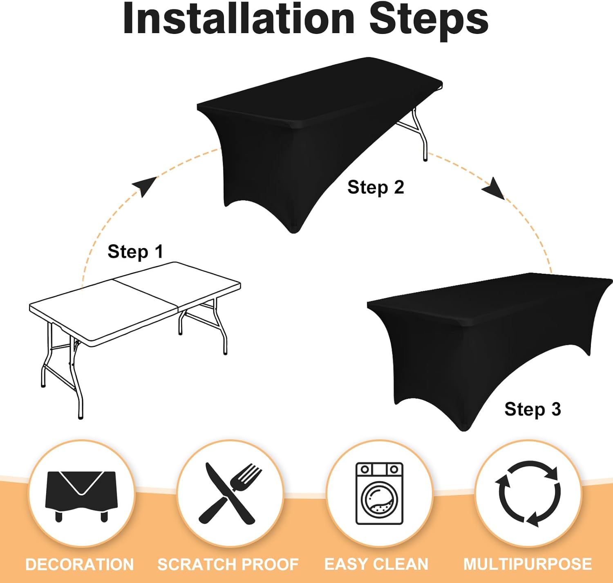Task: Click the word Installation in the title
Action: pos(239,19)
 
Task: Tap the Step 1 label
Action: pos(135,251)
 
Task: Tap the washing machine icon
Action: pos(380,493)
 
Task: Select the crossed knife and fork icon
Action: pos(230,493)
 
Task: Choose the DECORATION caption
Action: pos(80,564)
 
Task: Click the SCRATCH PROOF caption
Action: pos(228,564)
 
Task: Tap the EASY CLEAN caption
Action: pos(376,564)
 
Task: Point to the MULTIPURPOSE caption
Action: pos(528,564)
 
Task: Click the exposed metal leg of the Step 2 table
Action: pos(419,134)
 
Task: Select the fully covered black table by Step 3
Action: pos(490,347)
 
